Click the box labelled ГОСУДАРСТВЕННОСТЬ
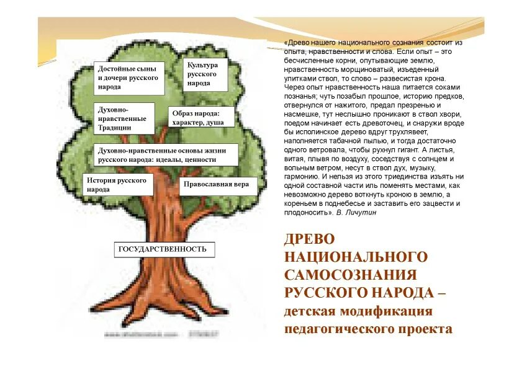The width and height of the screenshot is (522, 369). click(164, 249)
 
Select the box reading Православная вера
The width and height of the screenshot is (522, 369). click(218, 185)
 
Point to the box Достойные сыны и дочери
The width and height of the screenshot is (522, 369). click(129, 78)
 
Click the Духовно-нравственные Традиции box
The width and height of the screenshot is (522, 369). click(124, 118)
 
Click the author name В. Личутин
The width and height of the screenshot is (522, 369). click(356, 213)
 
